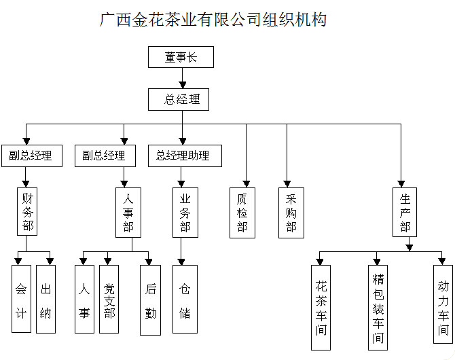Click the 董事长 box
click(x=181, y=57)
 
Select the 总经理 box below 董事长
click(x=179, y=100)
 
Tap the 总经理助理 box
click(x=185, y=156)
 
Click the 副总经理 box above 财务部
click(x=32, y=156)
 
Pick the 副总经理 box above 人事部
click(x=105, y=156)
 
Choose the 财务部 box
click(x=27, y=211)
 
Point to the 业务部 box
click(x=185, y=213)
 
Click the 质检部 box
click(x=242, y=213)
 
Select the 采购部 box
click(x=291, y=213)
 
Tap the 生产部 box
click(x=405, y=212)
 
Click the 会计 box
click(x=21, y=299)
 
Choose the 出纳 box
click(x=45, y=299)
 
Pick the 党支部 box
click(x=109, y=299)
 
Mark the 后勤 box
click(x=150, y=300)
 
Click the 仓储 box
click(x=185, y=299)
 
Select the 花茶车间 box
click(x=321, y=308)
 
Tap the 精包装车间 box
click(x=378, y=308)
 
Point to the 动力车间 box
click(x=443, y=304)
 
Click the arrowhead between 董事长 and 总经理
click(x=182, y=85)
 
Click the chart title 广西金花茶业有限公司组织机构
click(x=213, y=20)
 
